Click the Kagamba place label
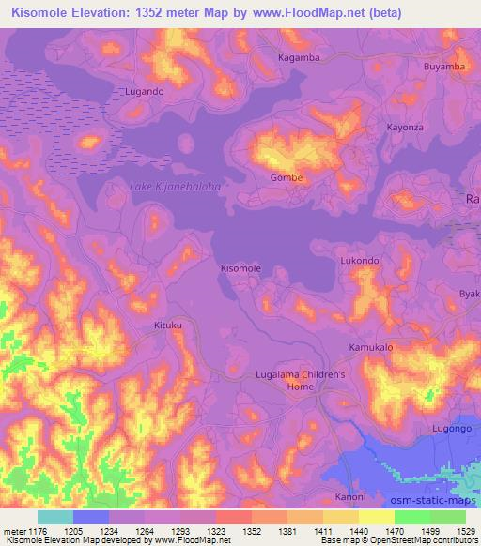[300, 57]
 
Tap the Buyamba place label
[444, 67]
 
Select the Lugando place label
[145, 92]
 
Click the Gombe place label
[286, 178]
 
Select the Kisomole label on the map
[240, 268]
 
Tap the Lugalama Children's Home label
[302, 380]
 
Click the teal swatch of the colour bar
[54, 517]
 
